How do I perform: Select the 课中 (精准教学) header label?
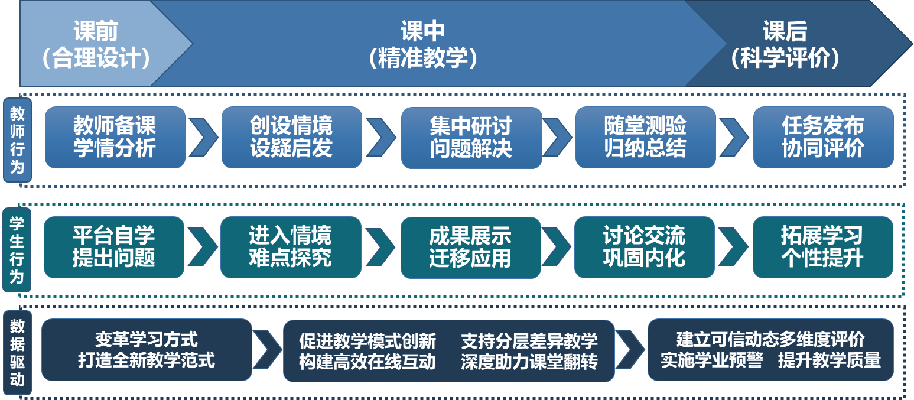point(422,44)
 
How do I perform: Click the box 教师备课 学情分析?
point(115,137)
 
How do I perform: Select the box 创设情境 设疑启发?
point(291,137)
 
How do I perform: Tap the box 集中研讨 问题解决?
point(471,137)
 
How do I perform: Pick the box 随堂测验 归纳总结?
point(645,137)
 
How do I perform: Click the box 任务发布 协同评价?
point(823,137)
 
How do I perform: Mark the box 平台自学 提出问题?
point(114,247)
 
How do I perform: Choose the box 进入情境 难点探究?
point(291,247)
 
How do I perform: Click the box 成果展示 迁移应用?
point(470,247)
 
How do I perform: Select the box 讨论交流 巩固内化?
point(644,247)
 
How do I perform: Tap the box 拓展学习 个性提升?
point(822,247)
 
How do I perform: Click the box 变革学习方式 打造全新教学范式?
point(147,350)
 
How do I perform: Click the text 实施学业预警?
point(711,360)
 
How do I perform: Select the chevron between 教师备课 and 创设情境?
point(203,137)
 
